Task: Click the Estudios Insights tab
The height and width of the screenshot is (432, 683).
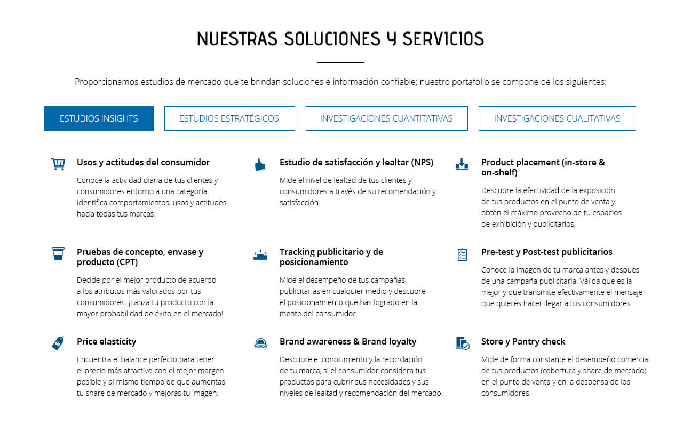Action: click(x=99, y=118)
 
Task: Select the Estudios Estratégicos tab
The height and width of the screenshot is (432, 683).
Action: click(x=229, y=118)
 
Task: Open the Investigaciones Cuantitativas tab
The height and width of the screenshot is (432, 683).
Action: click(x=386, y=118)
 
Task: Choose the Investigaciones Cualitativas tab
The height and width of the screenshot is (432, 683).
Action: click(x=557, y=118)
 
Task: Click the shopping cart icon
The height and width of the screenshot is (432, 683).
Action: click(x=58, y=164)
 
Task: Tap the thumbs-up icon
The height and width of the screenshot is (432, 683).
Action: click(x=260, y=164)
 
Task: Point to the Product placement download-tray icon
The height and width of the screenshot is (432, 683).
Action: click(x=462, y=164)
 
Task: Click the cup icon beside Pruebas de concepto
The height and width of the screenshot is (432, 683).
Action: click(x=58, y=254)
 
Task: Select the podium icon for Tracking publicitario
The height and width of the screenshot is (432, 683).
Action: click(x=260, y=254)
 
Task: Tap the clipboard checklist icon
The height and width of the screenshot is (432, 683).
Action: click(x=462, y=254)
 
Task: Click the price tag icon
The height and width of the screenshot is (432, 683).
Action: click(x=58, y=343)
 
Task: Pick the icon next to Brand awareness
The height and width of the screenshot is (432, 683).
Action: click(x=260, y=343)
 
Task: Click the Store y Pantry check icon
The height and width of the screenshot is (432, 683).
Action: click(x=462, y=343)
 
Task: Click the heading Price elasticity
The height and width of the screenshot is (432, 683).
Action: click(x=107, y=341)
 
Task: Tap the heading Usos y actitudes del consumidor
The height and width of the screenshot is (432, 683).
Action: click(x=143, y=162)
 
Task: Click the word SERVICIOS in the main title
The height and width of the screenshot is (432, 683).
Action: click(x=443, y=39)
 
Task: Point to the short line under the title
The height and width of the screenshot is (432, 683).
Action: click(x=340, y=62)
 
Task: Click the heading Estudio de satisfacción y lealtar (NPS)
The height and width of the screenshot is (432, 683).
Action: click(x=356, y=162)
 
